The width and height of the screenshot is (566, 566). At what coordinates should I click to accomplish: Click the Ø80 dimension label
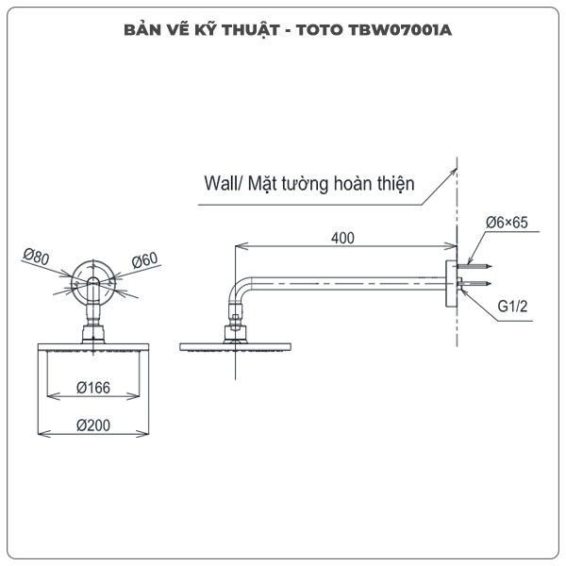36,257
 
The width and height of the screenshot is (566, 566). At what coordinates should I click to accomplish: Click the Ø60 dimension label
144,260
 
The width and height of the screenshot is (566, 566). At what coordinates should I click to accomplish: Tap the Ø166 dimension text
93,388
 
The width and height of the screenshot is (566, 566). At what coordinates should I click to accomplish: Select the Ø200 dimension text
93,425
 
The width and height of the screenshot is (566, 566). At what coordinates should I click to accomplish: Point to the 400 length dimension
342,239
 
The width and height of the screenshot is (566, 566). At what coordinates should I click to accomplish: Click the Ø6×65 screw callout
507,223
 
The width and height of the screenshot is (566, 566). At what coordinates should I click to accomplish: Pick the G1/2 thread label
512,306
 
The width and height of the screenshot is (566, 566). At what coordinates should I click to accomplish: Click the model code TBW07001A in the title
400,30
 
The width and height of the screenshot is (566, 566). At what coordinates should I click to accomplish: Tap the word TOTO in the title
320,30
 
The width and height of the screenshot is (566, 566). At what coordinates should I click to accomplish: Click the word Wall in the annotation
219,183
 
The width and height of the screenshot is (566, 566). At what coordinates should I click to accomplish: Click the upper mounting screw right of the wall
474,267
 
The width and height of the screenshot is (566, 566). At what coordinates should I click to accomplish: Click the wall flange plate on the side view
451,284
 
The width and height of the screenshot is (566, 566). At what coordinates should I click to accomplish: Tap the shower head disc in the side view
235,347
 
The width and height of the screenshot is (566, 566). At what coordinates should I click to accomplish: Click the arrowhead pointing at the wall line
454,173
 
